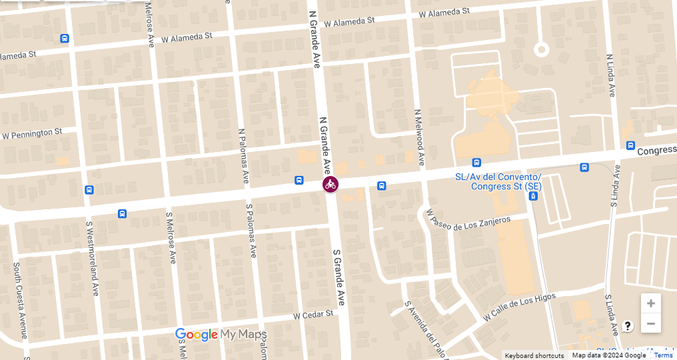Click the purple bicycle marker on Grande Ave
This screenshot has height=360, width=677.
[x=331, y=185]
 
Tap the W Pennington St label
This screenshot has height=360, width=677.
[x=33, y=134]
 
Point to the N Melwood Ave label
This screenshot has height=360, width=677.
[x=419, y=138]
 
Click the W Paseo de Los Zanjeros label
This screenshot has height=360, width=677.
[x=468, y=223]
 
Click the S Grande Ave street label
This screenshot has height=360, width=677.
[x=339, y=277]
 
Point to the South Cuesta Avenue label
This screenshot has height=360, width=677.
[x=19, y=300]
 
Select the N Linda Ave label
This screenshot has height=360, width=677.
[x=610, y=75]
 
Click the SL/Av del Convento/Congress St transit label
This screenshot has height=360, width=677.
[x=498, y=181]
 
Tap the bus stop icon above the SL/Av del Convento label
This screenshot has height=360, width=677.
[x=476, y=163]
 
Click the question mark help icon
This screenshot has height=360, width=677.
[x=627, y=326]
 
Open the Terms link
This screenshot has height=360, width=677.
[x=663, y=355]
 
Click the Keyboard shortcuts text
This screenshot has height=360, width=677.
[x=534, y=355]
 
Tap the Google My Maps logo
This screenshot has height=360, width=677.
[x=221, y=335]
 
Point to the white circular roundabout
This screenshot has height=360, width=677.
[x=541, y=49]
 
